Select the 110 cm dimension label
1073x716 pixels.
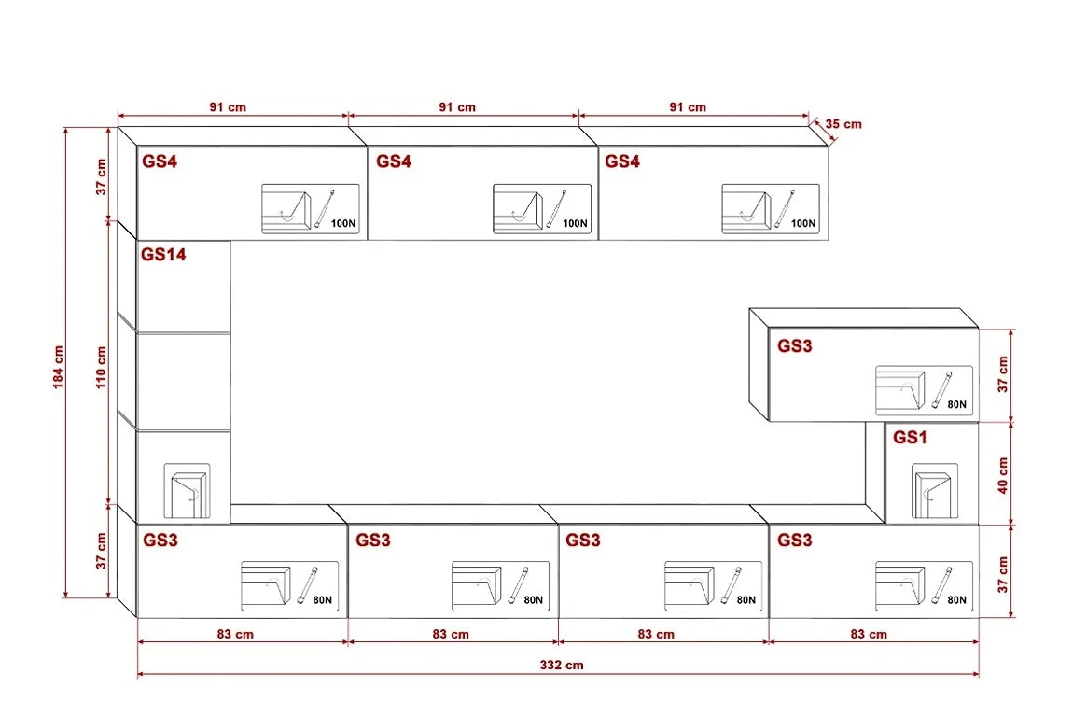101,367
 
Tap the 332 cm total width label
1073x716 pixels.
562,665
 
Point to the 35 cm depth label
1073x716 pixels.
843,123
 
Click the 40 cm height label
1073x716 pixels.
1003,475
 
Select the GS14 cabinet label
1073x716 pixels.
163,254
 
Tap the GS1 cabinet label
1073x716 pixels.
912,437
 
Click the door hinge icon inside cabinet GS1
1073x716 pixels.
931,493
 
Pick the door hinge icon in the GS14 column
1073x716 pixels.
187,489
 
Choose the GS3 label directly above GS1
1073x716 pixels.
795,345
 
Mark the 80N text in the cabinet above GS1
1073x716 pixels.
956,405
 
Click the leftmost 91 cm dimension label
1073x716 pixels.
228,107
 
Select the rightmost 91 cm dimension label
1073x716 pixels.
688,107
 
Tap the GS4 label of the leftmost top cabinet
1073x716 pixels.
160,161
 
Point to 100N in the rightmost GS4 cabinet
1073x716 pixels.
801,224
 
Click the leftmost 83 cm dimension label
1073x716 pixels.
234,634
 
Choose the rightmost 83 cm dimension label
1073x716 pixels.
869,634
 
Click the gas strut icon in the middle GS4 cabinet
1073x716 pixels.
554,207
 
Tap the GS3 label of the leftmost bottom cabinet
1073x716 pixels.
160,540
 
